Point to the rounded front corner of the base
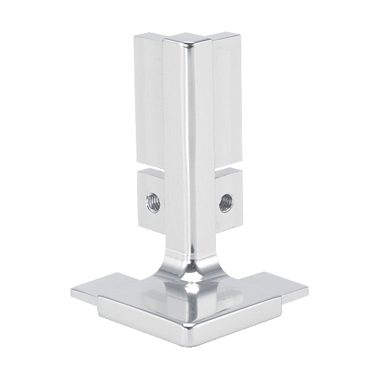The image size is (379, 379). point(189,332)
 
